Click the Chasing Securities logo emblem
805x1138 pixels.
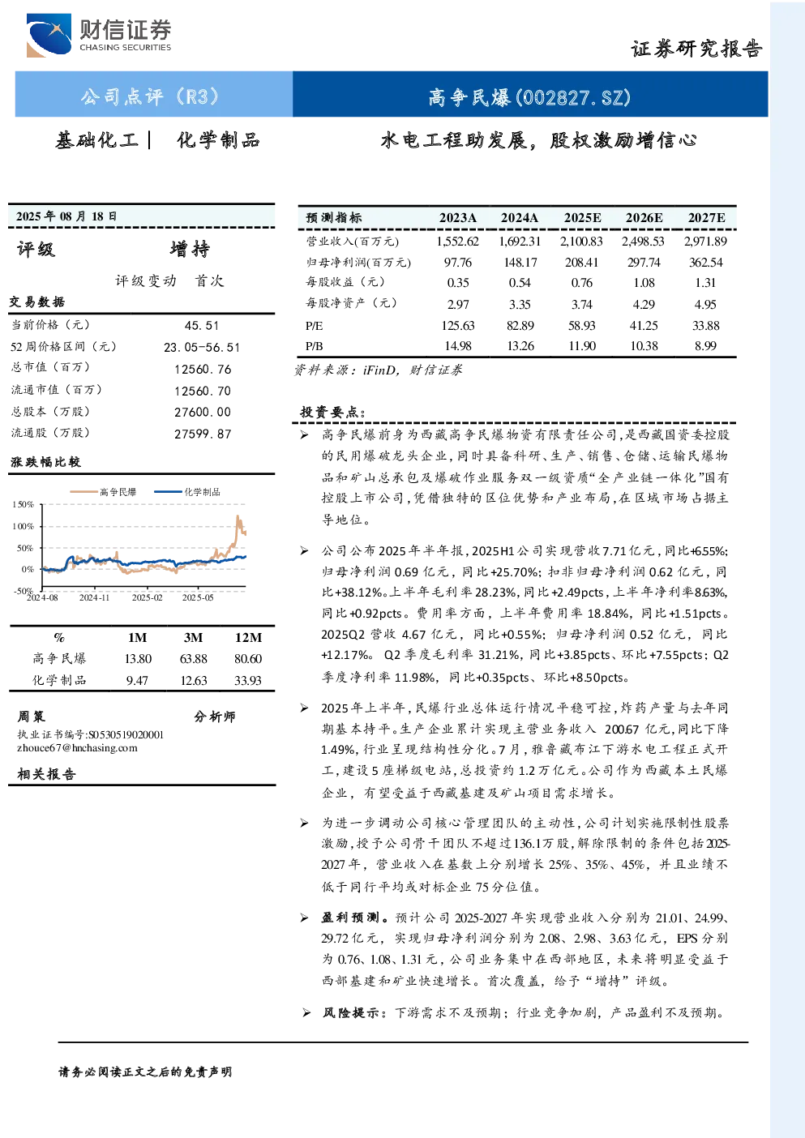(49, 35)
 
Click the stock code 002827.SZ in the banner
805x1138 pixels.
(573, 97)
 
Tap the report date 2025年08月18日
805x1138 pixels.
(66, 216)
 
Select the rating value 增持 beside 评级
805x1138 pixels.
(190, 250)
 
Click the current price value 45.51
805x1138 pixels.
(202, 326)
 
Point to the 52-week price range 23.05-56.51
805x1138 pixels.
(201, 348)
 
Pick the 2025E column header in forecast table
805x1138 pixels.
(582, 218)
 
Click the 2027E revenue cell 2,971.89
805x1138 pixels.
(705, 242)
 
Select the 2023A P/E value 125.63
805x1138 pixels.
(458, 326)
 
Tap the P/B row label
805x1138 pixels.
(314, 346)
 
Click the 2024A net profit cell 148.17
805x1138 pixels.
(520, 263)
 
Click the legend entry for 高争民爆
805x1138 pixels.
(103, 492)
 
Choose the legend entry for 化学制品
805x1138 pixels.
(187, 492)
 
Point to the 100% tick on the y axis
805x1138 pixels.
(23, 526)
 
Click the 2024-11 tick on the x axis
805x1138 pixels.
(94, 598)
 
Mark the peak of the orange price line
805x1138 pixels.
(238, 516)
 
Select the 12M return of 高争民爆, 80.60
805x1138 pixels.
(248, 659)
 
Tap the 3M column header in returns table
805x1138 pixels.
(193, 638)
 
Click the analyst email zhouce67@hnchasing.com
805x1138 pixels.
(77, 748)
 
